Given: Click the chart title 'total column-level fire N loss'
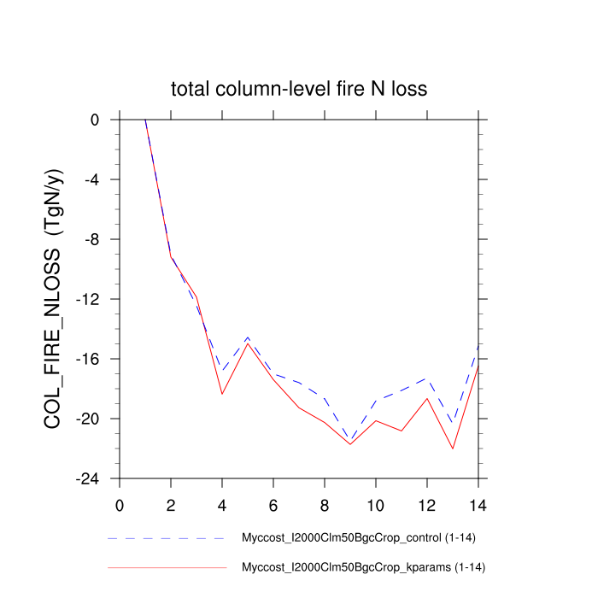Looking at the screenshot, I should point(298,89).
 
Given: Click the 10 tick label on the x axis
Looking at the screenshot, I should point(376,503).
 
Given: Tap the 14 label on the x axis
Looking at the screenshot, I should point(478,503).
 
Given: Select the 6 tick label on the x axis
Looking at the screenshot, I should point(273,503).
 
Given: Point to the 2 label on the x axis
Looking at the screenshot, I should point(171,503).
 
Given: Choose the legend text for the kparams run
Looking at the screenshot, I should point(365,567).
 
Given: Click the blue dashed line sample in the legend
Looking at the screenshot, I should point(167,539).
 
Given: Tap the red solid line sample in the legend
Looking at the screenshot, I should point(167,567).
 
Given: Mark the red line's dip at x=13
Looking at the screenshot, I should point(453,448).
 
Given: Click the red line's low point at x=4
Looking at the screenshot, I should point(222,394).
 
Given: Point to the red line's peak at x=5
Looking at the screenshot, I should point(248,343).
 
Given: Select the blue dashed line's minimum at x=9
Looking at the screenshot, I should point(350,441).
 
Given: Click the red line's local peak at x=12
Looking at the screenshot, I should point(427,398).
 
